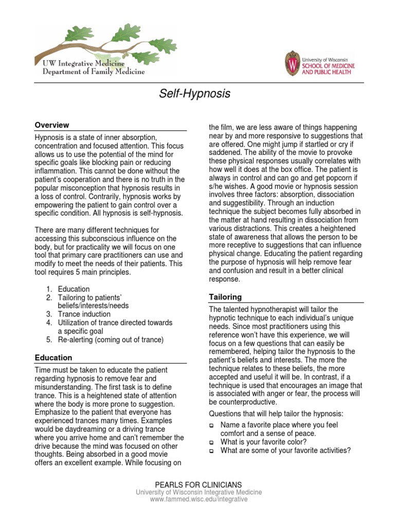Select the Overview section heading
point(52,125)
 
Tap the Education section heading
point(53,357)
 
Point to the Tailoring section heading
point(225,297)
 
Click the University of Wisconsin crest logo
point(292,63)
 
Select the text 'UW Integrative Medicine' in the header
point(83,63)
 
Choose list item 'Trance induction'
point(84,314)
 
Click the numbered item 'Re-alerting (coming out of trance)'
point(111,340)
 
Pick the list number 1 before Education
point(48,289)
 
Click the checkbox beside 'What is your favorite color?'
point(211,442)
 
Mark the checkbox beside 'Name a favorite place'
point(211,425)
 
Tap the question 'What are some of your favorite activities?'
point(285,450)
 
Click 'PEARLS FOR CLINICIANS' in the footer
point(198,484)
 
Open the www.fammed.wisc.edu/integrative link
point(198,499)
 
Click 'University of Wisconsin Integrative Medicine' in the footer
point(198,492)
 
